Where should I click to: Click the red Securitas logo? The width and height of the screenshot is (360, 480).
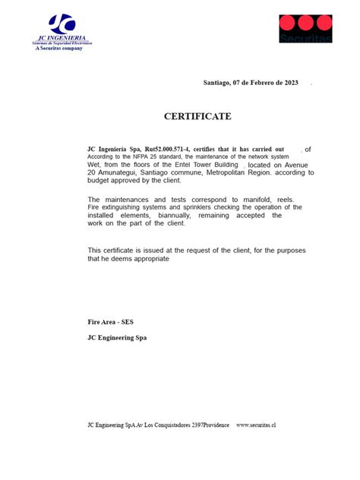point(305,27)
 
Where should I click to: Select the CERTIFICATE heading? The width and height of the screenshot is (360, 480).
point(197,116)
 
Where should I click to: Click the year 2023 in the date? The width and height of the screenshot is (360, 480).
point(291,82)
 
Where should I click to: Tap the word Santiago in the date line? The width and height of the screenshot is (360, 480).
point(219,82)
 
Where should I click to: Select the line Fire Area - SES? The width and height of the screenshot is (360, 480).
point(111,322)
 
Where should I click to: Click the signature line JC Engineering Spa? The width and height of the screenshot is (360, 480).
point(118,337)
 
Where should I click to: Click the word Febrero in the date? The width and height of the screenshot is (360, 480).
point(262,82)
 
